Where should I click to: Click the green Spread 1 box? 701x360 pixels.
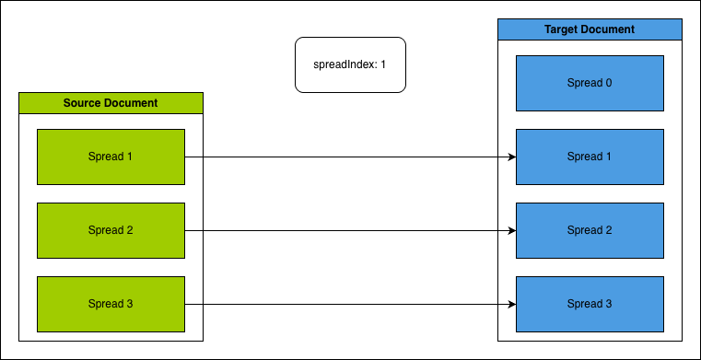pyautogui.click(x=111, y=157)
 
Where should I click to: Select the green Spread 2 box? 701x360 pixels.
pyautogui.click(x=111, y=230)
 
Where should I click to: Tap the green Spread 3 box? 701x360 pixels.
pyautogui.click(x=111, y=304)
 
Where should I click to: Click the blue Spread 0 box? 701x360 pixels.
pyautogui.click(x=590, y=83)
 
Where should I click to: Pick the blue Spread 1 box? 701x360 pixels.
pyautogui.click(x=590, y=157)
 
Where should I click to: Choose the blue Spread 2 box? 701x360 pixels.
pyautogui.click(x=590, y=230)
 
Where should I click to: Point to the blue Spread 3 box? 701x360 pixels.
pyautogui.click(x=590, y=304)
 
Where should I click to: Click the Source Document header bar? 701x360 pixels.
pyautogui.click(x=111, y=102)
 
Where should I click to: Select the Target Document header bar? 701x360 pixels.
pyautogui.click(x=590, y=29)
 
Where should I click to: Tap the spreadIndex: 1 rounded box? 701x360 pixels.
pyautogui.click(x=350, y=64)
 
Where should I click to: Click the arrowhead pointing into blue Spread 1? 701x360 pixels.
pyautogui.click(x=510, y=157)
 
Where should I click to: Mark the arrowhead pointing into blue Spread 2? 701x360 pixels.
pyautogui.click(x=510, y=230)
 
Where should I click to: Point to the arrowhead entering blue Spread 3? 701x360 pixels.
pyautogui.click(x=510, y=304)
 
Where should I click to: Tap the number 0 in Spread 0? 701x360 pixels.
pyautogui.click(x=608, y=83)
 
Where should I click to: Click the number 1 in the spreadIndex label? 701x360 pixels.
pyautogui.click(x=382, y=65)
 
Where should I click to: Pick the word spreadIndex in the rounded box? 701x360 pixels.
pyautogui.click(x=344, y=65)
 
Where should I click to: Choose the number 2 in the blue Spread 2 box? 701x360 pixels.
pyautogui.click(x=609, y=230)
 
